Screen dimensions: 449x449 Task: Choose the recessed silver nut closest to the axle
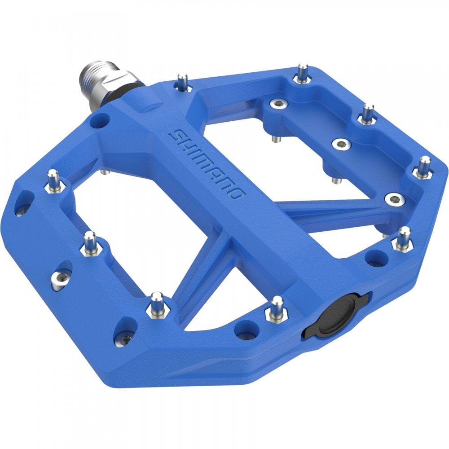[278, 104]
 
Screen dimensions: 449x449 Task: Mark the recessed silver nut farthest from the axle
[395, 198]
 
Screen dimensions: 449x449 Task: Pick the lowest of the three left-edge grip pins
[157, 304]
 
